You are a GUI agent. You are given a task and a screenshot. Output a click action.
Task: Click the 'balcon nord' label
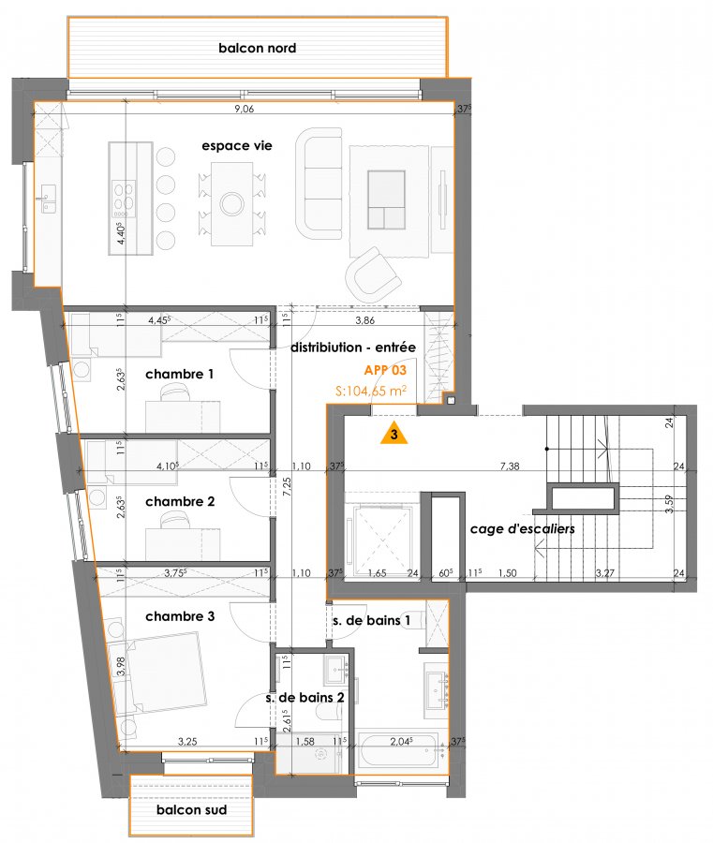(x=257, y=49)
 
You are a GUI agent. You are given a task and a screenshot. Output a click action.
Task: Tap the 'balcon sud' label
(x=191, y=810)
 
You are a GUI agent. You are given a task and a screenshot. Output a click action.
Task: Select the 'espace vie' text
(x=237, y=146)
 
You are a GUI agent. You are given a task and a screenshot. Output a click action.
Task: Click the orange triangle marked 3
(x=394, y=434)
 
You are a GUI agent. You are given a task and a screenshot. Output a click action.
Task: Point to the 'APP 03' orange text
(x=385, y=370)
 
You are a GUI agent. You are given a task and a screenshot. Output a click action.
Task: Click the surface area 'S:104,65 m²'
(x=370, y=391)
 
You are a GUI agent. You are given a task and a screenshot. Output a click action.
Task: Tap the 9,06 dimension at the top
(x=245, y=110)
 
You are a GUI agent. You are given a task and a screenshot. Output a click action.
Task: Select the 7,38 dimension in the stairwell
(x=509, y=466)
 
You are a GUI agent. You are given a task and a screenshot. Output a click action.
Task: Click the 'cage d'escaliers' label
(x=522, y=529)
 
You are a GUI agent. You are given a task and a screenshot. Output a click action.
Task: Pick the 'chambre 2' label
(x=180, y=502)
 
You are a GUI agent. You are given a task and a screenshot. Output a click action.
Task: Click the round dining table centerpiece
(x=232, y=204)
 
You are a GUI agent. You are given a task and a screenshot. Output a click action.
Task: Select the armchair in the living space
(x=374, y=274)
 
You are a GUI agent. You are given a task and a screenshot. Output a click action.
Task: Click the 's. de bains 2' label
(x=305, y=698)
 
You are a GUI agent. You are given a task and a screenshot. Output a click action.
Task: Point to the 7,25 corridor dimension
(x=288, y=488)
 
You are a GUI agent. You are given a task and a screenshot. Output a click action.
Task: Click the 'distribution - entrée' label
(x=352, y=348)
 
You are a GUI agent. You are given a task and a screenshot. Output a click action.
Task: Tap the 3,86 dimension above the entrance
(x=365, y=321)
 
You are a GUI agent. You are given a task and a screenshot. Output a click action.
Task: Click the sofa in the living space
(x=319, y=184)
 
